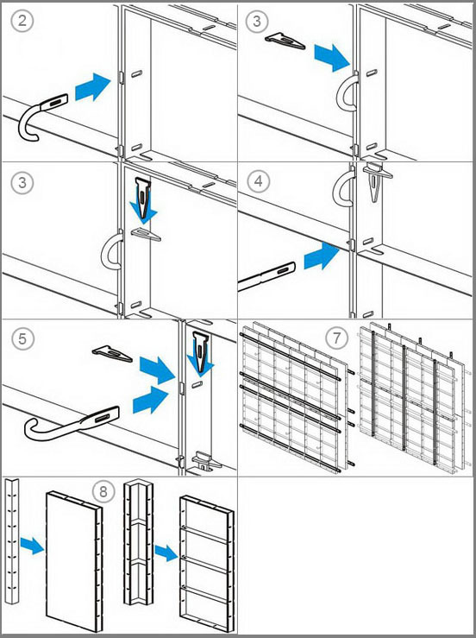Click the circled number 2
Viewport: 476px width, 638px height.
pyautogui.click(x=22, y=20)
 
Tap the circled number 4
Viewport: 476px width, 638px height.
pyautogui.click(x=259, y=181)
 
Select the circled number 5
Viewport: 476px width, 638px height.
pyautogui.click(x=22, y=338)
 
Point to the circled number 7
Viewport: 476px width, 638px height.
pyautogui.click(x=337, y=338)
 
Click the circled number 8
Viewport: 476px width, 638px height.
pyautogui.click(x=103, y=491)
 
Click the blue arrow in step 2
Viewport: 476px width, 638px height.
pyautogui.click(x=92, y=86)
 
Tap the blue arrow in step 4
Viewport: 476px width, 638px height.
pyautogui.click(x=322, y=256)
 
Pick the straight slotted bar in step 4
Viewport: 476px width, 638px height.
pyautogui.click(x=266, y=276)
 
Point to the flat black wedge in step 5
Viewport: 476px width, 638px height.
pyautogui.click(x=112, y=354)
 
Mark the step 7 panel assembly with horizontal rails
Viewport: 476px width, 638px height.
pyautogui.click(x=296, y=397)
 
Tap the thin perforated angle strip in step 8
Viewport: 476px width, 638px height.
pyautogui.click(x=12, y=541)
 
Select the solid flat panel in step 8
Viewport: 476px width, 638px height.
pyautogui.click(x=74, y=561)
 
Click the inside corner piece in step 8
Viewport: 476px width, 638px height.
pyautogui.click(x=139, y=541)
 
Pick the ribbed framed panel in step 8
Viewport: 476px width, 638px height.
pyautogui.click(x=207, y=565)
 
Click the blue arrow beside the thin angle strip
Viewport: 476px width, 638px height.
pyautogui.click(x=32, y=546)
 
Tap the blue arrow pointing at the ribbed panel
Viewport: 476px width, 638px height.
pyautogui.click(x=166, y=553)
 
